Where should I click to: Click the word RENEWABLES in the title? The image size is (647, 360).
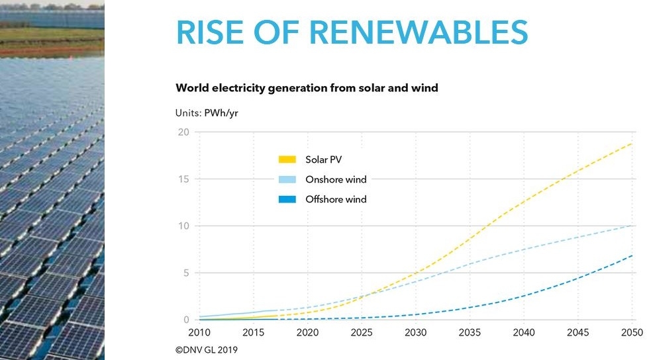[419, 32]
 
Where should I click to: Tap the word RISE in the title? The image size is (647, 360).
[210, 32]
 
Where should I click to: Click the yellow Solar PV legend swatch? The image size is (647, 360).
[287, 159]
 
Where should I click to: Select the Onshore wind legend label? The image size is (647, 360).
[336, 179]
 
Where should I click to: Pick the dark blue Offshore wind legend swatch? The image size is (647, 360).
[287, 199]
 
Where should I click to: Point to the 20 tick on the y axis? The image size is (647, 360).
[183, 132]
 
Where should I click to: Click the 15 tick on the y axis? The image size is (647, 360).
[183, 179]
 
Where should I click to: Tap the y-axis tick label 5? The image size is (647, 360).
[186, 273]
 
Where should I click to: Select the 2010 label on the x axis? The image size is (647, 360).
[199, 332]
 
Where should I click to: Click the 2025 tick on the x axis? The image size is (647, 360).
[362, 332]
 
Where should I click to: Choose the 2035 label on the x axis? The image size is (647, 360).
[470, 332]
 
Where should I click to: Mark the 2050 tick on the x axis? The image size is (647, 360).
[632, 332]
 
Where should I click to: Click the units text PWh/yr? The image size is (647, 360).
[221, 113]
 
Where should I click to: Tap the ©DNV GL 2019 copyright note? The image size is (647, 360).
[207, 350]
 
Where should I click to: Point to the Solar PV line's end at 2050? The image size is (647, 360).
[632, 143]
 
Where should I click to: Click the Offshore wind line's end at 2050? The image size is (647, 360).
[632, 255]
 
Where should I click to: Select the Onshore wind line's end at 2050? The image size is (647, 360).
[632, 226]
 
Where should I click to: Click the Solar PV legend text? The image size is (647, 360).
[323, 159]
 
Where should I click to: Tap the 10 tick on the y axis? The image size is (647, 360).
[183, 226]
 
